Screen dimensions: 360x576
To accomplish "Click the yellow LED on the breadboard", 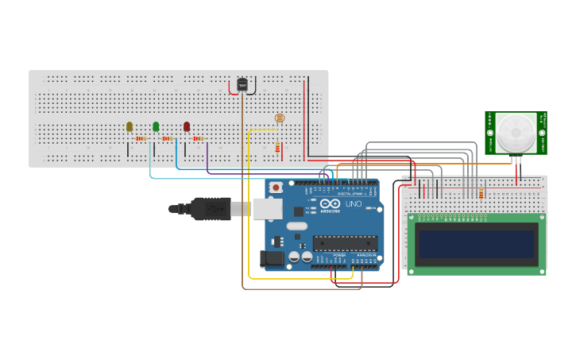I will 130,126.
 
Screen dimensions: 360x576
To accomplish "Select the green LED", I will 156,126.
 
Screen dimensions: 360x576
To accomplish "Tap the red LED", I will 187,126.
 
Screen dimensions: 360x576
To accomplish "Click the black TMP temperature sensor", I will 242,84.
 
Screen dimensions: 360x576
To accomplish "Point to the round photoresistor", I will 279,118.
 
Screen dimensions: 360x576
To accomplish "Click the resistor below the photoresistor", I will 277,148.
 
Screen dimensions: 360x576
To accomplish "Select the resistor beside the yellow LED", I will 141,139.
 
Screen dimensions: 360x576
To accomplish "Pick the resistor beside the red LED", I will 198,139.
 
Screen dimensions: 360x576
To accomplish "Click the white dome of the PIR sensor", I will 516,132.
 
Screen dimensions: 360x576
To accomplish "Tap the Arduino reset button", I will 276,188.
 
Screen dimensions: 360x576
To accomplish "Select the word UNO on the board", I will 354,204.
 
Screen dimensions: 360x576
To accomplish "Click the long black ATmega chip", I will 344,242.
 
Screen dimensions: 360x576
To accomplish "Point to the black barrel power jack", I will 272,258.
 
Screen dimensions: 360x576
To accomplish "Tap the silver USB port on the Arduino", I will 268,209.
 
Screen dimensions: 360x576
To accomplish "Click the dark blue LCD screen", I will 477,243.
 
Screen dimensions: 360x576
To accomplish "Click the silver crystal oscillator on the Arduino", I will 296,226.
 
